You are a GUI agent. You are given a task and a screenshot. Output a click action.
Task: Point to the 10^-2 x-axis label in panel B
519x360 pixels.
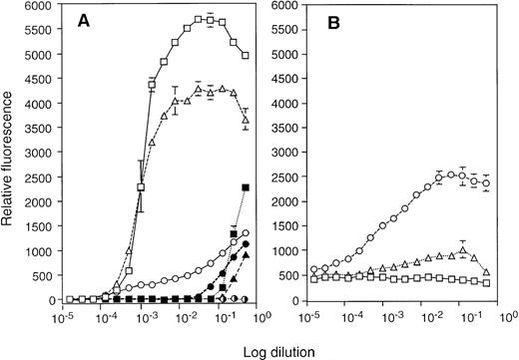pos(432,318)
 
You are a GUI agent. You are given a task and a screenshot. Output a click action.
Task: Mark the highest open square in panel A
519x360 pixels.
pos(200,19)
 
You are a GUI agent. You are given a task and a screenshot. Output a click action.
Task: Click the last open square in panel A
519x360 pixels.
pos(246,56)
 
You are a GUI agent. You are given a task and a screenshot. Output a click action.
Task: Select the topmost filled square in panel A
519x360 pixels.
pos(246,187)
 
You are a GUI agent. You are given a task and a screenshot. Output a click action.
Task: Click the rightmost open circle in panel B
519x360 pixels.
pos(485,183)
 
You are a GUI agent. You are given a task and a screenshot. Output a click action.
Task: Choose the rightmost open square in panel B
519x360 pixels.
pos(485,283)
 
